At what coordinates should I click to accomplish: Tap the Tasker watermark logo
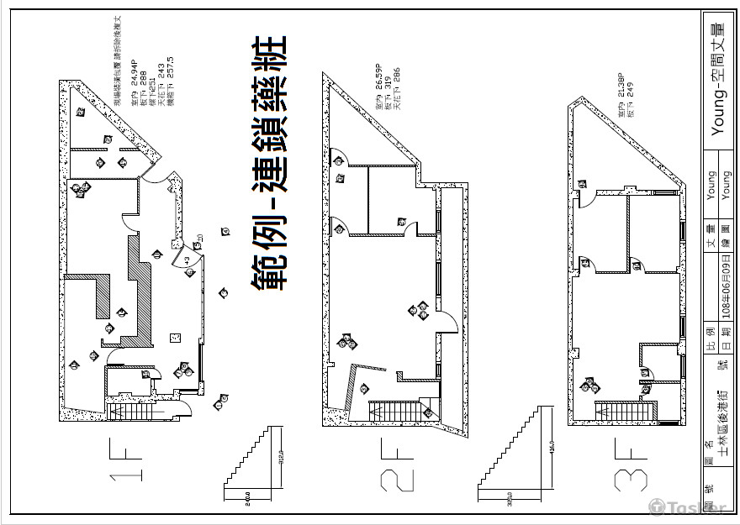point(690,507)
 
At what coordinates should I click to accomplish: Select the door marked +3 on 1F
point(186,260)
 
